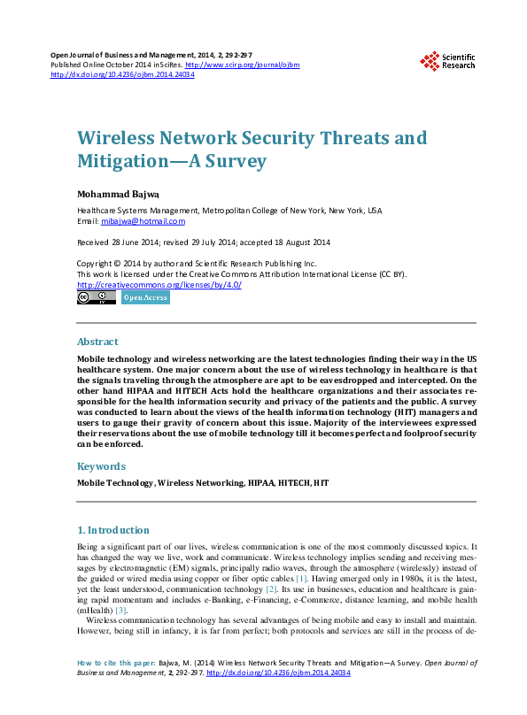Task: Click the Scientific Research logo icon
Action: (430, 61)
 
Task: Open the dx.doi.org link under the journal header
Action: (123, 75)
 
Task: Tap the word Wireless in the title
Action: (120, 139)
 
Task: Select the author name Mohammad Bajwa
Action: (118, 193)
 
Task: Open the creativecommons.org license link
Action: (159, 285)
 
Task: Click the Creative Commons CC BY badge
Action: (97, 298)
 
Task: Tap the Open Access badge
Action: (144, 298)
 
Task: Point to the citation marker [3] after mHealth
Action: (121, 610)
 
